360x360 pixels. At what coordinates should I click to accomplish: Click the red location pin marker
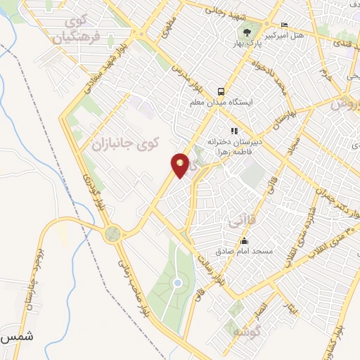(x=181, y=165)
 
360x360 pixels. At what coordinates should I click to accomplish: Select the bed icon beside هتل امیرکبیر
(x=283, y=24)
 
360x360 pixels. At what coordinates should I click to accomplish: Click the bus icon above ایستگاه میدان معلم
(x=221, y=91)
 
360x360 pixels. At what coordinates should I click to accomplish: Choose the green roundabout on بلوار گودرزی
(x=111, y=234)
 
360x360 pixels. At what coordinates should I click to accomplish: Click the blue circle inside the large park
(x=178, y=283)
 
